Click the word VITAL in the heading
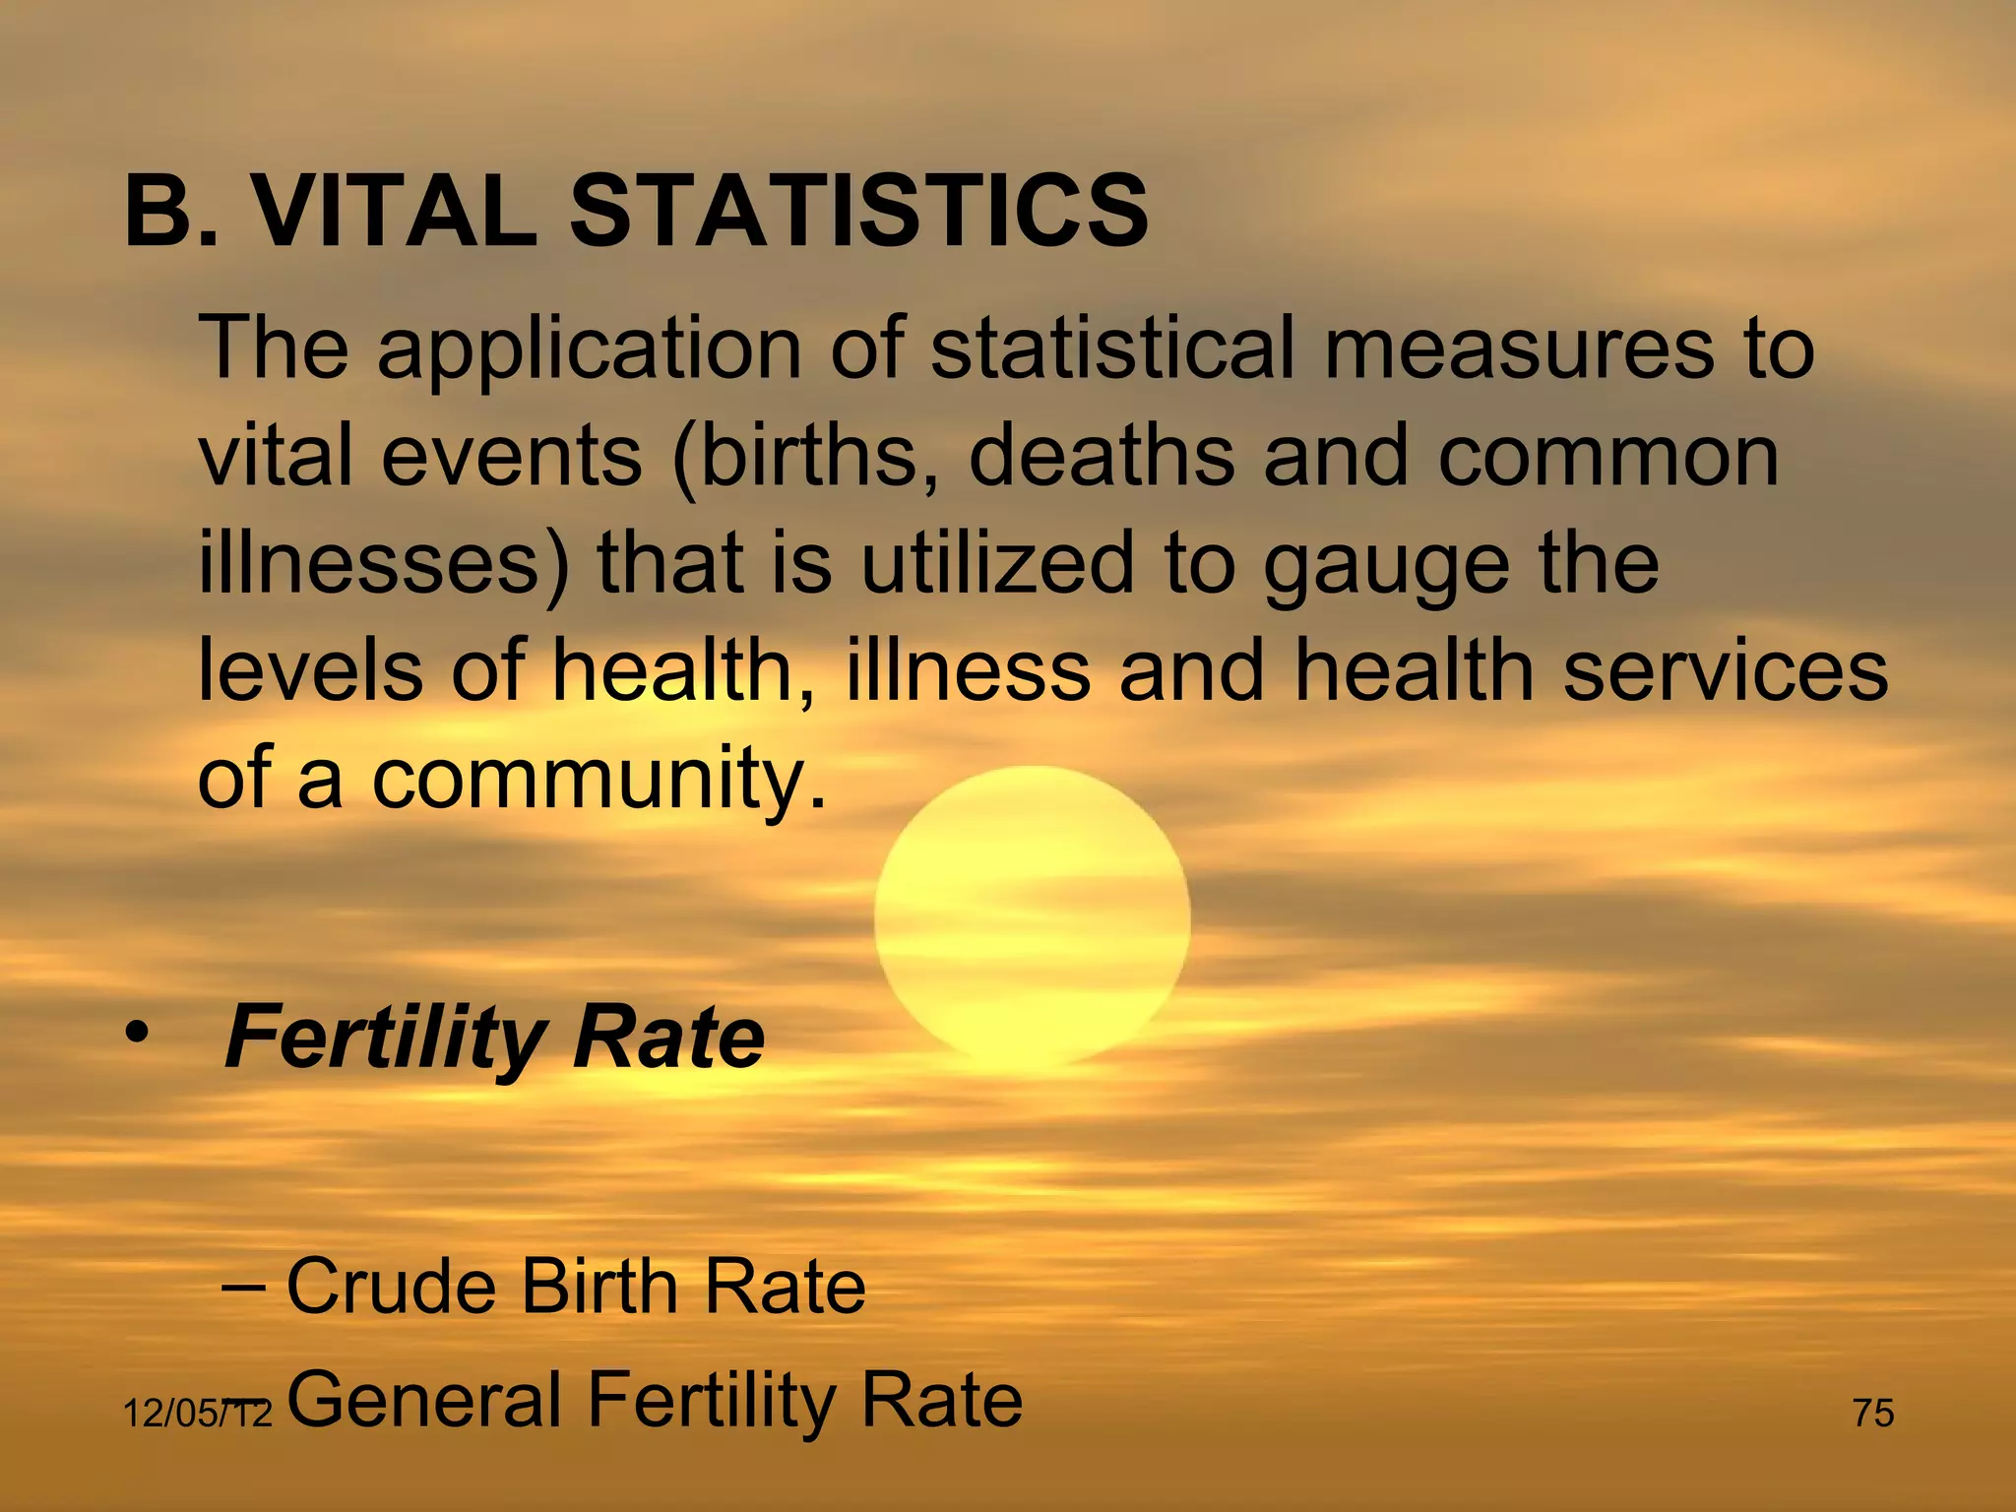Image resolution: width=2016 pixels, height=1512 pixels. click(x=396, y=211)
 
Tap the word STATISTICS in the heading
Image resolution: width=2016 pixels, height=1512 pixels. click(x=858, y=211)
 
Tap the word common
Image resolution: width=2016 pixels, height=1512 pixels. click(x=1608, y=457)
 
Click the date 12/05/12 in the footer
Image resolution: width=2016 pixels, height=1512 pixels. click(x=196, y=1415)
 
